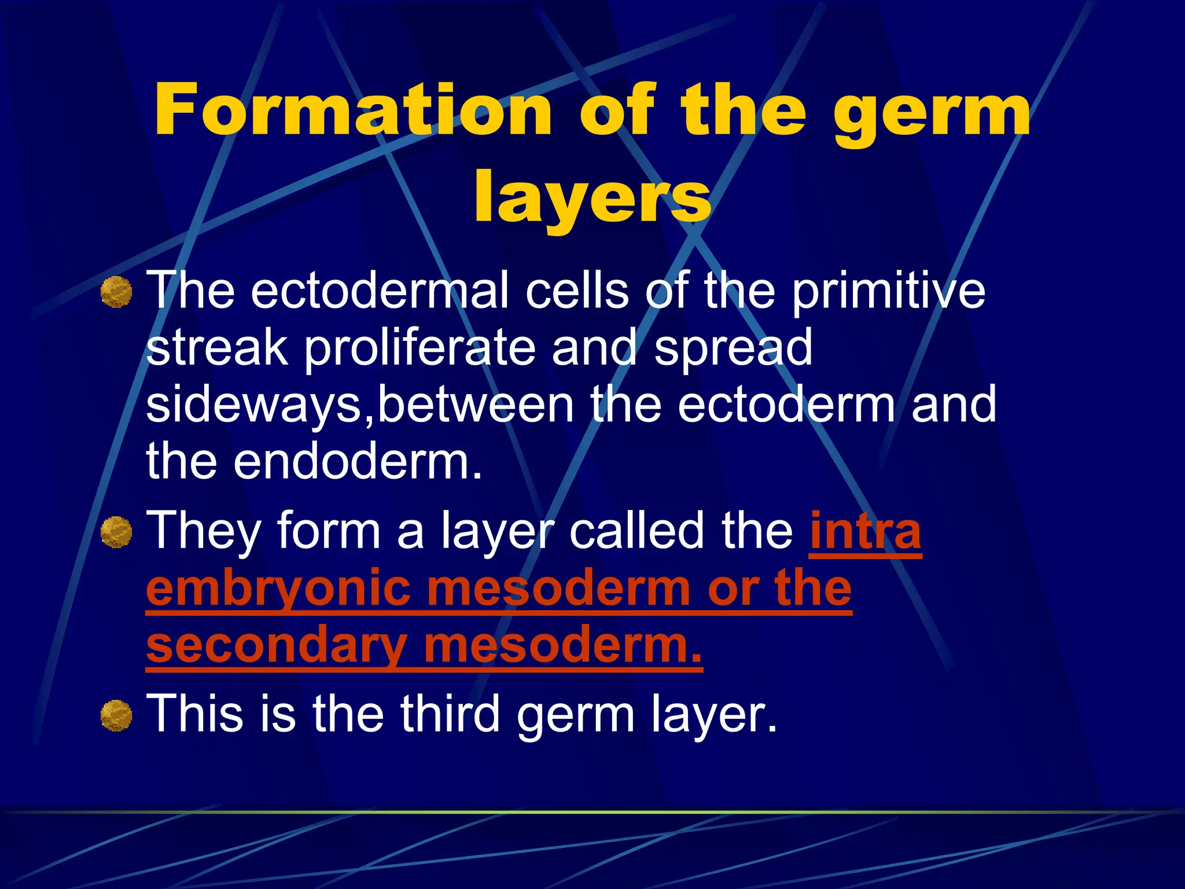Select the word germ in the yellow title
click(932, 113)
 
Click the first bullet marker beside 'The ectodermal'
click(116, 292)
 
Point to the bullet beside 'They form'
click(116, 532)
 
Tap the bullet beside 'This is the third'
click(116, 715)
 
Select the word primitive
click(888, 291)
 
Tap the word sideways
click(255, 405)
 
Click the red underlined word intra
click(865, 531)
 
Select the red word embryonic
click(278, 589)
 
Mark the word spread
click(733, 348)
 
